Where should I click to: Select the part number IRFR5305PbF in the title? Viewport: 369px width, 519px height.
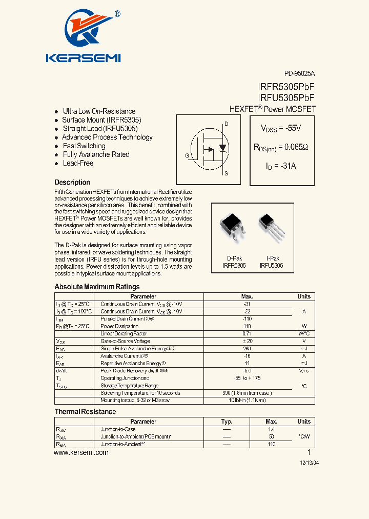286,88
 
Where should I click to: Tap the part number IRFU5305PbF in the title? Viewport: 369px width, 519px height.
286,98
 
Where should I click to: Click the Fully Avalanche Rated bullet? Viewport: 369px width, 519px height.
96,154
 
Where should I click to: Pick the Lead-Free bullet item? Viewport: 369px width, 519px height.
78,163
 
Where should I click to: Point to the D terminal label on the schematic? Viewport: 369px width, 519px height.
226,124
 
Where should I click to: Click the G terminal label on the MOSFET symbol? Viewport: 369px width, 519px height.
187,155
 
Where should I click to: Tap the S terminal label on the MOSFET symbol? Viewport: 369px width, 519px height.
226,174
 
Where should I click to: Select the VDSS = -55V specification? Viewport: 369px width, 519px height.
281,128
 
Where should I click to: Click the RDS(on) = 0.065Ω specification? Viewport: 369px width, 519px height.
281,147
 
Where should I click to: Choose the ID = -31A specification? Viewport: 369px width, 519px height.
281,166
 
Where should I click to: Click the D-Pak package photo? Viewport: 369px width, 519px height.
234,229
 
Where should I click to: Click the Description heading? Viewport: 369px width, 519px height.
72,182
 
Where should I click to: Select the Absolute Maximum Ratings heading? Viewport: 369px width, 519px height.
97,287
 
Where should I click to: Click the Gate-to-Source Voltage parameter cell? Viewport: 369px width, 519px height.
125,341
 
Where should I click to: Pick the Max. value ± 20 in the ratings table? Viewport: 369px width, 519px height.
247,341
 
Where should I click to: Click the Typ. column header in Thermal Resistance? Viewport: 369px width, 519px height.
227,422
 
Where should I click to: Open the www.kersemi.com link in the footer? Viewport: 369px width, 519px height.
81,453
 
